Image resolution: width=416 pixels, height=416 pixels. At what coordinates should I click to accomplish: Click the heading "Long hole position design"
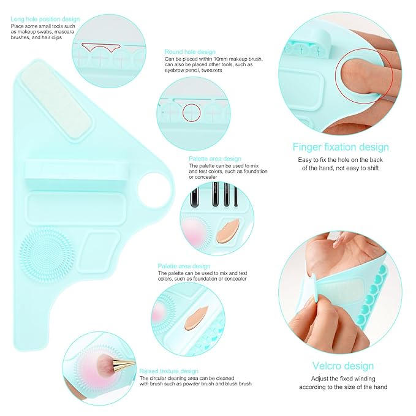coord(45,19)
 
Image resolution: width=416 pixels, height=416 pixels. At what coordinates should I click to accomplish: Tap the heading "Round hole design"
coord(190,51)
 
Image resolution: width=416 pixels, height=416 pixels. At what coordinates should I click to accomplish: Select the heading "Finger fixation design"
coord(341,147)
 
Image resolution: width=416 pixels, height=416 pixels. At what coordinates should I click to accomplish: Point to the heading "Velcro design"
coord(343,366)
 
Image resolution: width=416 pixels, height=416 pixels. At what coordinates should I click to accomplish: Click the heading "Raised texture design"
coord(168,371)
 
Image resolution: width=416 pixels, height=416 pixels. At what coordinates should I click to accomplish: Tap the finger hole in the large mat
coord(153,190)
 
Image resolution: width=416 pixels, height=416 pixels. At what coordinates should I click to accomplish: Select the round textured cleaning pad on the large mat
coord(47,253)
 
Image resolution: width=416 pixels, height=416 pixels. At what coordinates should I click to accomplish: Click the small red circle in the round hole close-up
coord(192,113)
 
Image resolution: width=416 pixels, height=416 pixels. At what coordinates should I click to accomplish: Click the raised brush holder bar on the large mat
coord(77,172)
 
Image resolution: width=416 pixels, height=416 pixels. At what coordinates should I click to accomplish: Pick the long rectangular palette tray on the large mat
coord(76,208)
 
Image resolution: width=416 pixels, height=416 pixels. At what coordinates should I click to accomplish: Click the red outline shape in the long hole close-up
coord(101,47)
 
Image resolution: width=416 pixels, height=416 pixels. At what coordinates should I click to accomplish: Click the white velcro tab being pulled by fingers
coord(311,289)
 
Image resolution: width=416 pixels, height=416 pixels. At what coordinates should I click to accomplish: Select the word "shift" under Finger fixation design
coord(373,168)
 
